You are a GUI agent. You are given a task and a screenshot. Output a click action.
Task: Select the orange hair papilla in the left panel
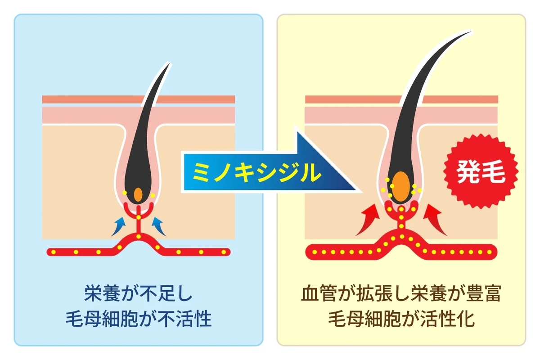(138, 194)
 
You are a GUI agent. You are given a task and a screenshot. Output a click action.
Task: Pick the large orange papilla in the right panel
(399, 185)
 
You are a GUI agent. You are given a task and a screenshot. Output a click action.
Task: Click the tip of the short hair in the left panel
(170, 63)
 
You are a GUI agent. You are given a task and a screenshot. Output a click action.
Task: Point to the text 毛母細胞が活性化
(400, 320)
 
